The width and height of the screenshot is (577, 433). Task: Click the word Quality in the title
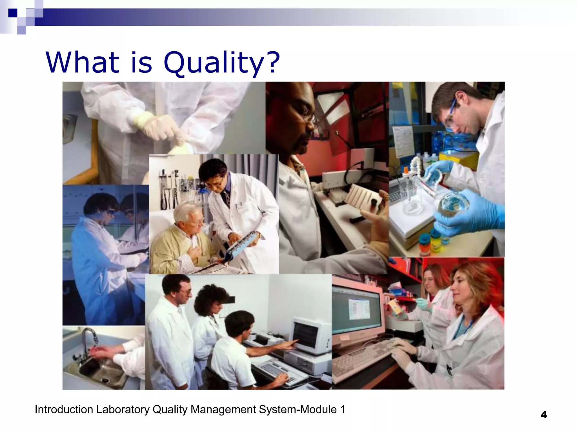[213, 63]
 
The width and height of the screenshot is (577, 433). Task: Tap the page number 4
[544, 415]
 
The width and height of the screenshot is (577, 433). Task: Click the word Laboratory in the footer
[123, 410]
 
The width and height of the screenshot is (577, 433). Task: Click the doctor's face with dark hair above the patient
[216, 180]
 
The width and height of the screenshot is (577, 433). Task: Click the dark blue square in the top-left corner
[13, 13]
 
